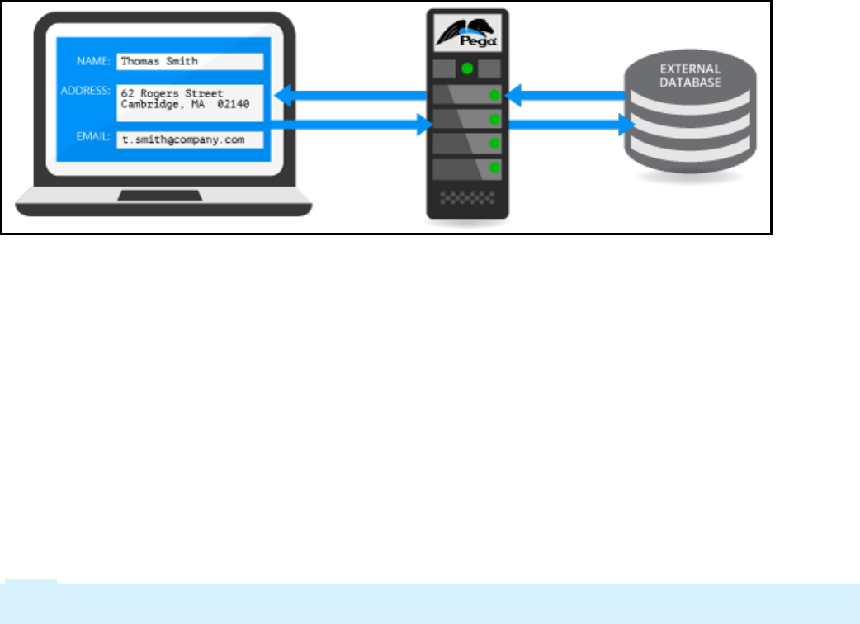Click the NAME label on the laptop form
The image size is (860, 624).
tap(92, 60)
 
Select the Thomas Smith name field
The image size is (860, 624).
tap(190, 61)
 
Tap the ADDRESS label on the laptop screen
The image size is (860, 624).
tap(86, 89)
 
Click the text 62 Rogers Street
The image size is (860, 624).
tap(172, 92)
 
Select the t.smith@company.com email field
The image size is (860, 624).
tap(190, 139)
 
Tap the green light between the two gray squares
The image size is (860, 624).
tap(467, 68)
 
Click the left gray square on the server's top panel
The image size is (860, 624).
tap(443, 68)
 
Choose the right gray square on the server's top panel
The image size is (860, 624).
tap(490, 68)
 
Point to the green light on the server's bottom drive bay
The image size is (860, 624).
tap(494, 168)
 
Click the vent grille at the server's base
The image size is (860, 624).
tap(467, 198)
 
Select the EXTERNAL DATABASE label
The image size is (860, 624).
tap(690, 76)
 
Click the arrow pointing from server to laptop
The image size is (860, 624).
tap(355, 97)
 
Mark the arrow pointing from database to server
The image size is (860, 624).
tap(565, 97)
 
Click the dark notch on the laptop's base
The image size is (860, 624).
tap(160, 196)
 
